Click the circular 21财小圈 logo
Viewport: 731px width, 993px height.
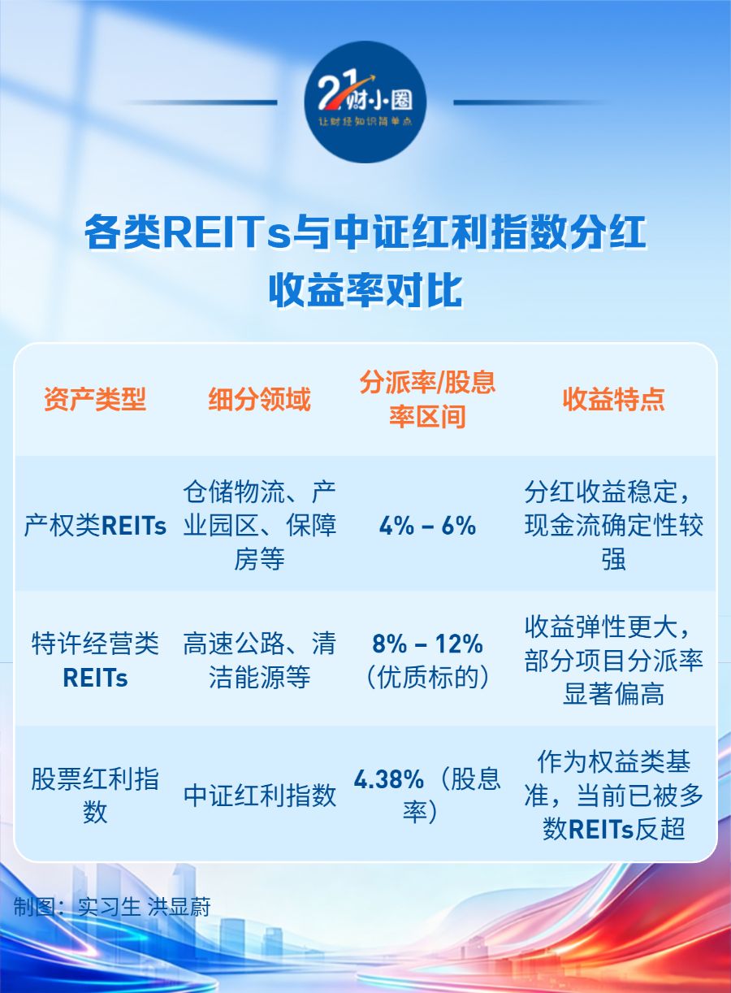click(x=365, y=102)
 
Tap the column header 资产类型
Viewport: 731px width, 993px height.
click(x=95, y=400)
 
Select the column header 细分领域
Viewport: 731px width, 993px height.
click(x=260, y=400)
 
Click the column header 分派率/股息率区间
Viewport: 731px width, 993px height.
click(x=427, y=400)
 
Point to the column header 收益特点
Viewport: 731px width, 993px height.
click(x=614, y=400)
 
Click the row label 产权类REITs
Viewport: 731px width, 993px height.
click(x=95, y=527)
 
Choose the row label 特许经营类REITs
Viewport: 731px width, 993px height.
click(x=95, y=661)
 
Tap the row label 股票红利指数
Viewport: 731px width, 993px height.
click(x=95, y=796)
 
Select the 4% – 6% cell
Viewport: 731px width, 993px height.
click(x=427, y=527)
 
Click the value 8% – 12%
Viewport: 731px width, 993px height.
click(x=427, y=644)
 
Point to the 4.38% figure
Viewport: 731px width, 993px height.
click(x=389, y=779)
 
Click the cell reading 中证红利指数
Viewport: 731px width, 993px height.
click(x=260, y=796)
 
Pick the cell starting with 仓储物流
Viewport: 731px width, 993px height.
click(x=260, y=526)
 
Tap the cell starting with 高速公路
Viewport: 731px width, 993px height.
click(x=260, y=661)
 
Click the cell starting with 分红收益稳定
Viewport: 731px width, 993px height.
click(x=614, y=526)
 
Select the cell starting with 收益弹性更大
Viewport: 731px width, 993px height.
click(x=614, y=661)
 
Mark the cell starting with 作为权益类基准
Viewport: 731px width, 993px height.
click(x=614, y=796)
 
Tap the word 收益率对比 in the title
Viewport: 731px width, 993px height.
click(x=365, y=291)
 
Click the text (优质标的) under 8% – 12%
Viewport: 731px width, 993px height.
click(x=427, y=678)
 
